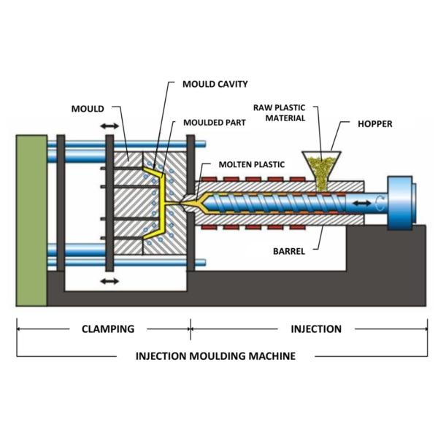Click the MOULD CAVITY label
215,85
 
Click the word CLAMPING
107,328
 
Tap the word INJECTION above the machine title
316,328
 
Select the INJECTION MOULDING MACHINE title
215,356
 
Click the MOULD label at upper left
87,109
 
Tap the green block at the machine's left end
31,219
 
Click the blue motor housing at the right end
401,201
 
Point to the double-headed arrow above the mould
109,126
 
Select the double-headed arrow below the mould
109,280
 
